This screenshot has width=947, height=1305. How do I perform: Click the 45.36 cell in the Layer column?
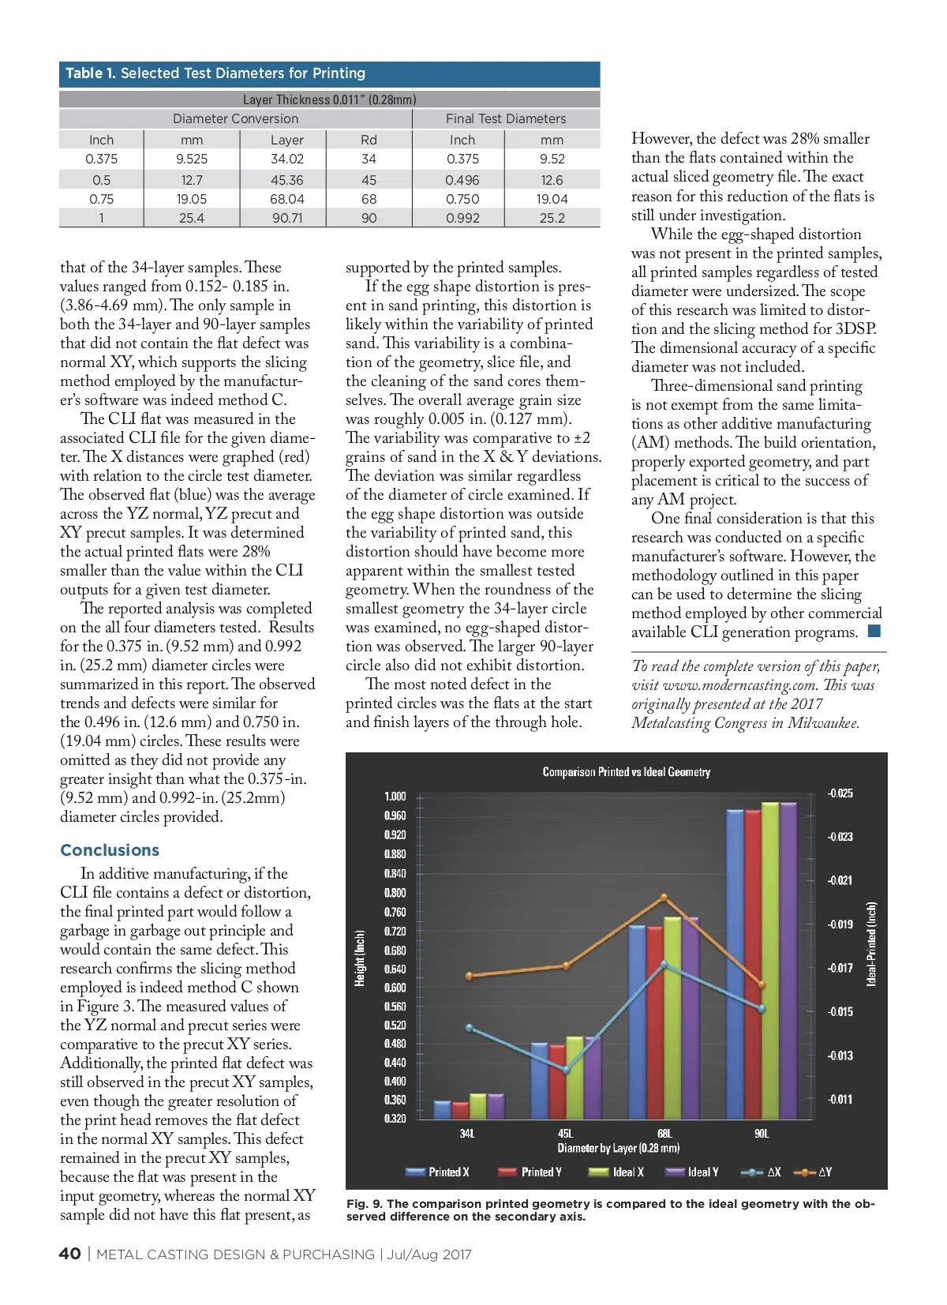[286, 180]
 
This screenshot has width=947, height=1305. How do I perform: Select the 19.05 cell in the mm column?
[192, 199]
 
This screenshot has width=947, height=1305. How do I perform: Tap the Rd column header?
[369, 140]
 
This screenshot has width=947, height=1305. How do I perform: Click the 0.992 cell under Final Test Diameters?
[462, 218]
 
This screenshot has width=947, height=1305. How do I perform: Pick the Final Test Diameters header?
[505, 118]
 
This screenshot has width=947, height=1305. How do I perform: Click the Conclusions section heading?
[110, 850]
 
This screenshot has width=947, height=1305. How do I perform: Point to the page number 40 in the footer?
[69, 1254]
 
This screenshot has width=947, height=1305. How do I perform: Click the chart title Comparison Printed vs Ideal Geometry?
[626, 772]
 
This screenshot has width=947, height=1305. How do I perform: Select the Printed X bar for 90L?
[735, 963]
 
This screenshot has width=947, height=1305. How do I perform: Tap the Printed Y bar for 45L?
[557, 1081]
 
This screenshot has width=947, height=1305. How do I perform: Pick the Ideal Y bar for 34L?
[496, 1106]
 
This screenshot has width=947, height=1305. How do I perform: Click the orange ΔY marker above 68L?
[664, 897]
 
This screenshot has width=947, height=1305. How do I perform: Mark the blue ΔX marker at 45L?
[566, 1071]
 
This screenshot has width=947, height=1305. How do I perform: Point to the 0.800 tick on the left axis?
[395, 893]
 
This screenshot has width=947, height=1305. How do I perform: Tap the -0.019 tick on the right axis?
[840, 924]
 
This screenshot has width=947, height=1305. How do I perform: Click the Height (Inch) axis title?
[360, 958]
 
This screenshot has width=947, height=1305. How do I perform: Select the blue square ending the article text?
[874, 631]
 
